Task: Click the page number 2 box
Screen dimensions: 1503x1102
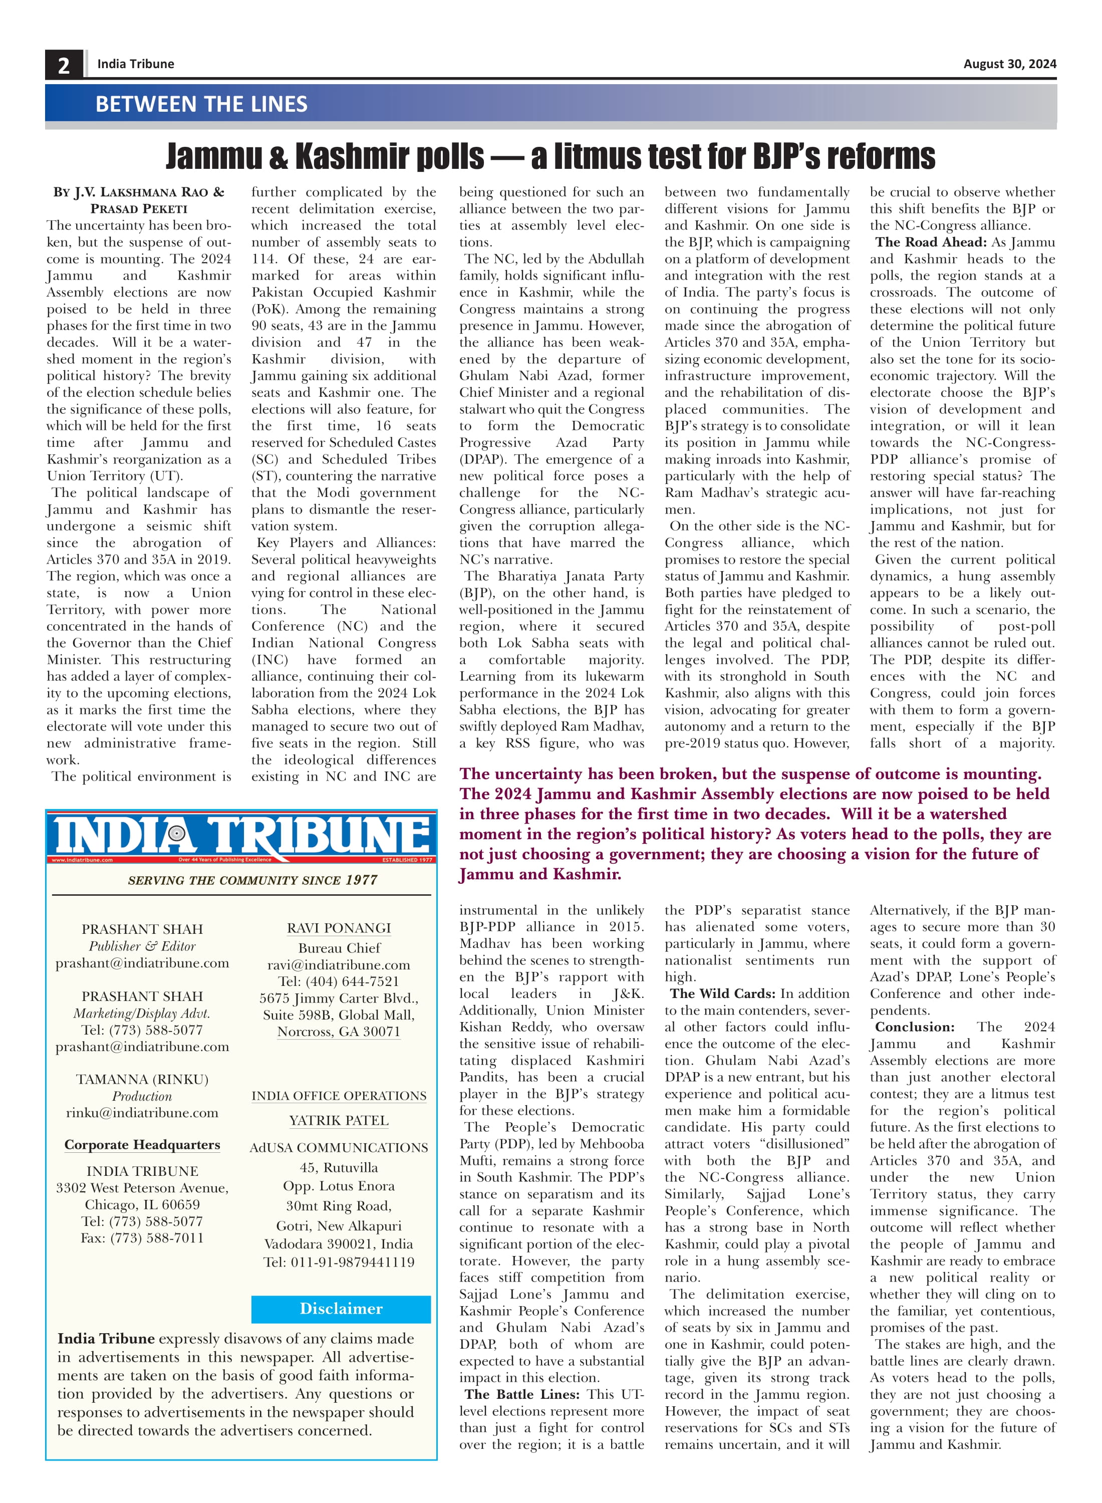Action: pos(64,65)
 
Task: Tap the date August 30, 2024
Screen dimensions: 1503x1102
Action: pos(1009,64)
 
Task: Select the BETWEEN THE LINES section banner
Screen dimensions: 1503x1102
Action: pos(201,104)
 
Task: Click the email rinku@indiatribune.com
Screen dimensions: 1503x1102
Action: pos(142,1113)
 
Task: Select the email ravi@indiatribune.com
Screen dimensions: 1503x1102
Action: pos(339,964)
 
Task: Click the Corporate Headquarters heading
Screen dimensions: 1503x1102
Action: pos(142,1145)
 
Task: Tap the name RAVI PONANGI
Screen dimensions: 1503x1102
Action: pos(339,928)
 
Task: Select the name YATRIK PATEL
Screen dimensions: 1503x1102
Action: pos(339,1121)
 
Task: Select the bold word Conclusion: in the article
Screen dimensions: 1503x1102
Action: pos(915,1027)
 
